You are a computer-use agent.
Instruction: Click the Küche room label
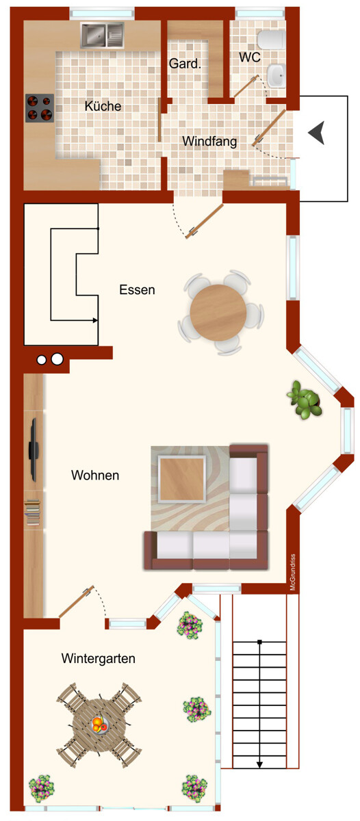pyautogui.click(x=103, y=106)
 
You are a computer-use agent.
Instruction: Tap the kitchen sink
pyautogui.click(x=102, y=36)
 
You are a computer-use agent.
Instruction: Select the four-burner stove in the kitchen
pyautogui.click(x=40, y=108)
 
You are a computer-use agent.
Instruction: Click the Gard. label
pyautogui.click(x=185, y=64)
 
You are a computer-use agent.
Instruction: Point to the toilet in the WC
pyautogui.click(x=271, y=40)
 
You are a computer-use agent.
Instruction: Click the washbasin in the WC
pyautogui.click(x=276, y=76)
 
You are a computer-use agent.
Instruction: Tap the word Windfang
pyautogui.click(x=209, y=141)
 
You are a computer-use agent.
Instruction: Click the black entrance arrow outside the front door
pyautogui.click(x=316, y=132)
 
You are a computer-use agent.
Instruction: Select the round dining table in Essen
pyautogui.click(x=218, y=313)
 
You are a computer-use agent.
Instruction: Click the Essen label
pyautogui.click(x=137, y=290)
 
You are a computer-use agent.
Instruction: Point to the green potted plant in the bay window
pyautogui.click(x=305, y=400)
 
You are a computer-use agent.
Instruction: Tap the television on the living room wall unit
pyautogui.click(x=34, y=449)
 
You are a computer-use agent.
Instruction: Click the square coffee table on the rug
pyautogui.click(x=182, y=479)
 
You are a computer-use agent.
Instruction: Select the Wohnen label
pyautogui.click(x=95, y=475)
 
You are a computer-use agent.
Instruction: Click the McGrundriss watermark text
pyautogui.click(x=292, y=572)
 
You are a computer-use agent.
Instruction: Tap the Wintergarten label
pyautogui.click(x=99, y=659)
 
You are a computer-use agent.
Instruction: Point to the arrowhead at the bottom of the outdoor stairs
pyautogui.click(x=259, y=765)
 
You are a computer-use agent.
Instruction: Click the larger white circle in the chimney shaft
pyautogui.click(x=57, y=359)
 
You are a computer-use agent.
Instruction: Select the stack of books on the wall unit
pyautogui.click(x=33, y=513)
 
